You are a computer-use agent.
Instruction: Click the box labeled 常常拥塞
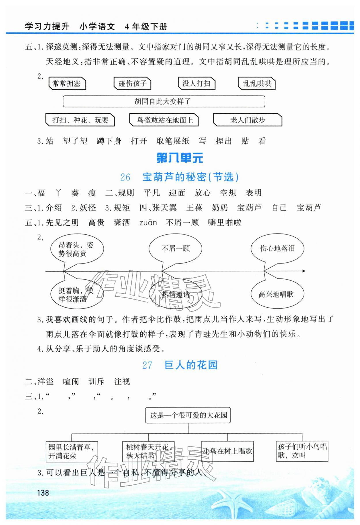pyautogui.click(x=67, y=84)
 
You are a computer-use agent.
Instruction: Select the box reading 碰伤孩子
pyautogui.click(x=132, y=84)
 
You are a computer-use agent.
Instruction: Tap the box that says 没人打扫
pyautogui.click(x=196, y=84)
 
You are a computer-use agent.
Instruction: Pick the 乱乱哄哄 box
pyautogui.click(x=257, y=84)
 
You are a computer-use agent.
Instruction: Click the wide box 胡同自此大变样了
pyautogui.click(x=164, y=101)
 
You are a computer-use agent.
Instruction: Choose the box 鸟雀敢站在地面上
pyautogui.click(x=164, y=120)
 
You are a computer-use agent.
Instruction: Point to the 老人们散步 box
pyautogui.click(x=247, y=120)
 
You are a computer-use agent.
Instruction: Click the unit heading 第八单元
pyautogui.click(x=180, y=158)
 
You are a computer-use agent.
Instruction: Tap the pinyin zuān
pyautogui.click(x=148, y=223)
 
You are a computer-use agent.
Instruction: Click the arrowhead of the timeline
pyautogui.click(x=304, y=271)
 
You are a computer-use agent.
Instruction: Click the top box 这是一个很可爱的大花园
pyautogui.click(x=188, y=415)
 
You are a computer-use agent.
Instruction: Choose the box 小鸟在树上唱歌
pyautogui.click(x=228, y=451)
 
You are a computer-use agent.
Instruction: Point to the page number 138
pyautogui.click(x=43, y=493)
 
